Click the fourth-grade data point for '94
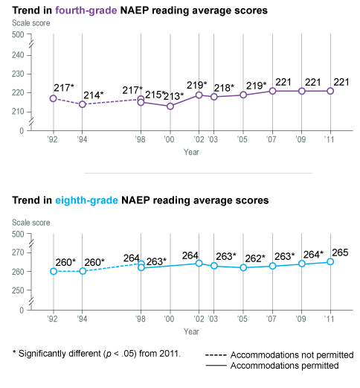point(83,104)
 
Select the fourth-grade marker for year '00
point(170,106)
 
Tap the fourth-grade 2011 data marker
point(330,91)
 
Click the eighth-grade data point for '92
point(54,271)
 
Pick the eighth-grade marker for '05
point(242,267)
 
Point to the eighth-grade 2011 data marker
point(330,261)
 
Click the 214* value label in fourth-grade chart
point(93,95)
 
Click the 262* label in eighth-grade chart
point(254,258)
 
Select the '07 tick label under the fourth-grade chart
point(271,139)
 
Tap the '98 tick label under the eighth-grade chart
point(141,318)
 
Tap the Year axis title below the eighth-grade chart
point(192,331)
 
